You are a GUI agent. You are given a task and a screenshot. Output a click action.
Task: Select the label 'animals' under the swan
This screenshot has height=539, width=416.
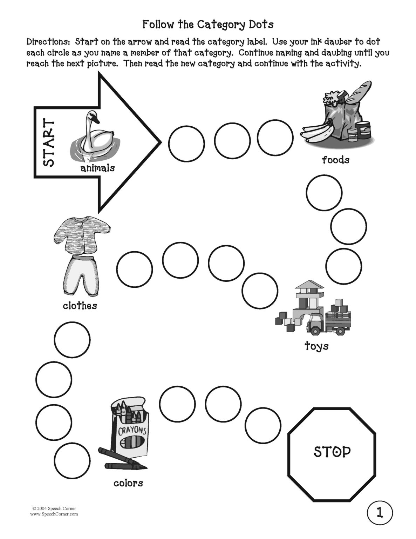97,168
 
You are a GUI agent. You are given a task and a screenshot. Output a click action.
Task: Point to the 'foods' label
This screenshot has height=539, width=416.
335,160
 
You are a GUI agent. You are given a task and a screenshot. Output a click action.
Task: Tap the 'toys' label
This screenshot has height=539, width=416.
316,346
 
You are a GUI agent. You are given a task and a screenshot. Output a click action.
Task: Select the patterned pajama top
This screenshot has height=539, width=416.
83,235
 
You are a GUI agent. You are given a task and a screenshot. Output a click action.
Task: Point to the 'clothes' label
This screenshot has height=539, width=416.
80,306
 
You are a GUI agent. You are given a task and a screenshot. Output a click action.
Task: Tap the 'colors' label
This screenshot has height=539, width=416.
128,483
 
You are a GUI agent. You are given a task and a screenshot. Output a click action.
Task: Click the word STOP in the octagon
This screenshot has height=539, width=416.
332,452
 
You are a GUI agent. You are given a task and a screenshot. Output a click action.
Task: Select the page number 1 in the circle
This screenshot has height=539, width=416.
380,513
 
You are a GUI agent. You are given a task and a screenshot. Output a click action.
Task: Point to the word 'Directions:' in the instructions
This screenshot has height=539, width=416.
49,42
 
